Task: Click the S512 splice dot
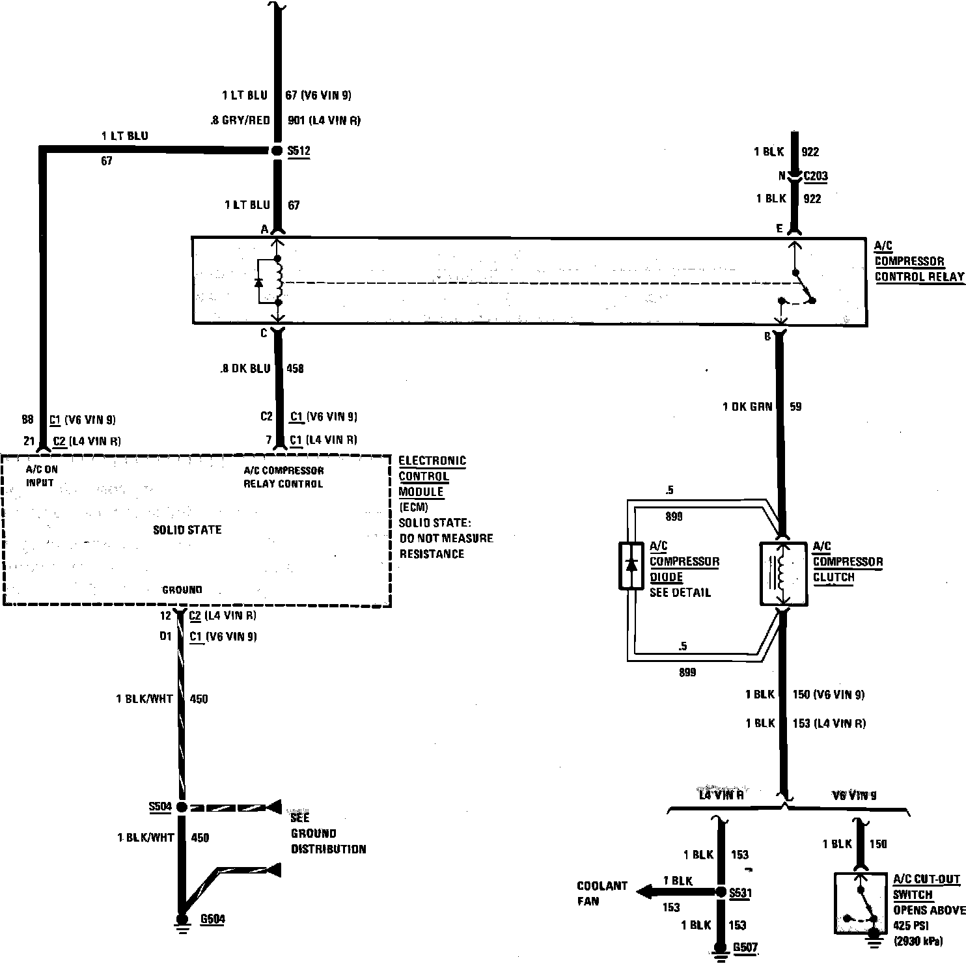tap(275, 150)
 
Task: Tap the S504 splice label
tap(160, 807)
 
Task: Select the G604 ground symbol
tap(183, 923)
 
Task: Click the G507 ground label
tap(745, 948)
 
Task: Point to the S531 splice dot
tap(720, 892)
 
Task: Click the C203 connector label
tap(816, 176)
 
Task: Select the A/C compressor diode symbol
tap(631, 565)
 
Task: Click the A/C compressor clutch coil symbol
tap(784, 573)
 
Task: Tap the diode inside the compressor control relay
tap(258, 283)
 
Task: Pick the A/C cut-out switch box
tap(860, 903)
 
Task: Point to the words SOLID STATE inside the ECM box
tap(187, 530)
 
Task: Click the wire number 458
tap(295, 368)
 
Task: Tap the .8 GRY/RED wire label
tap(240, 120)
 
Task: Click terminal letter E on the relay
tap(779, 228)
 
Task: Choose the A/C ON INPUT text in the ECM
tap(41, 476)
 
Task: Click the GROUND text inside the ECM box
tap(182, 590)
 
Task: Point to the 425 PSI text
tap(910, 926)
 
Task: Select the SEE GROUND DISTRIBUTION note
tap(328, 833)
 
